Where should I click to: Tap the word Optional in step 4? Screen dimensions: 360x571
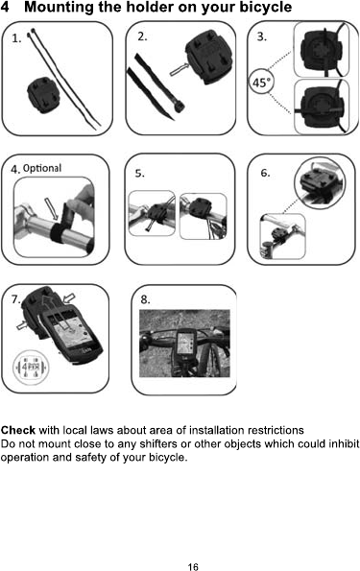(42, 168)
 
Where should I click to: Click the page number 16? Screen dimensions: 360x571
(193, 566)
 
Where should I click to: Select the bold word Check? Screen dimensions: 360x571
(18, 430)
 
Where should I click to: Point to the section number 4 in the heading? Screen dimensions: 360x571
(5, 7)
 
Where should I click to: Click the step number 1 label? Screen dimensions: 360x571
(16, 38)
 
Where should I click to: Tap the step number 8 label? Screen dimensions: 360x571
(145, 299)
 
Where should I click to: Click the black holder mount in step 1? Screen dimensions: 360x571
(42, 95)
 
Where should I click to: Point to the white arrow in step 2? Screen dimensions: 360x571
(179, 69)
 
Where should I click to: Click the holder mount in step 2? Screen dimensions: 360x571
(208, 60)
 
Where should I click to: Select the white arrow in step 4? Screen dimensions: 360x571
(52, 208)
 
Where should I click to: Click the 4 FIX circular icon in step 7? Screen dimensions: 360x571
(31, 367)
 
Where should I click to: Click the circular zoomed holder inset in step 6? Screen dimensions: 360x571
(319, 183)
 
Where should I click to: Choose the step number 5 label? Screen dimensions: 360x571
(139, 174)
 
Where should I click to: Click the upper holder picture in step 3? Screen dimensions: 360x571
(321, 50)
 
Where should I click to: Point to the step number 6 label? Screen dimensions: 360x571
(265, 173)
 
